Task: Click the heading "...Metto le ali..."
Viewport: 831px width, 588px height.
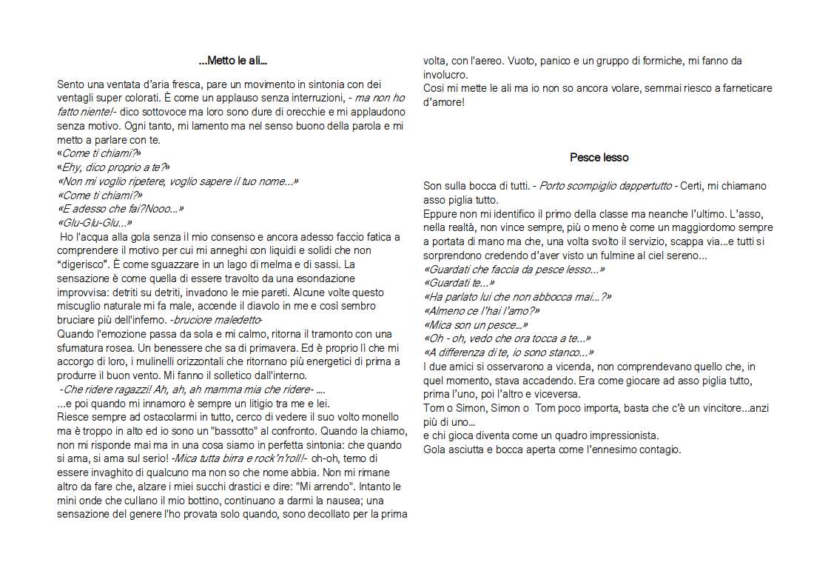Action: click(x=233, y=60)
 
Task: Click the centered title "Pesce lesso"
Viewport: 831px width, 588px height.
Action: click(x=599, y=157)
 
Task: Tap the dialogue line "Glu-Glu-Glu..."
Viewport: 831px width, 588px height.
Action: click(x=95, y=223)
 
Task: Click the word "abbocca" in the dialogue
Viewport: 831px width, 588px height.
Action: click(x=562, y=297)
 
